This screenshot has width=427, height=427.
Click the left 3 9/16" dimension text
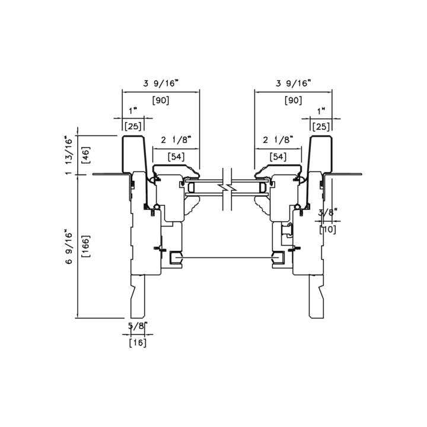pyautogui.click(x=161, y=84)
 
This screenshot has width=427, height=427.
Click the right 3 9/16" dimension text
pyautogui.click(x=294, y=84)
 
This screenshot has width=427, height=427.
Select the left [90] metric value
pyautogui.click(x=161, y=100)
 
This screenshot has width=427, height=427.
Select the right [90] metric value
pyautogui.click(x=294, y=100)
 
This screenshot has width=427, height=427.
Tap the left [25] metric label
pyautogui.click(x=133, y=126)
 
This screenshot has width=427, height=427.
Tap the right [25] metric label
pyautogui.click(x=321, y=127)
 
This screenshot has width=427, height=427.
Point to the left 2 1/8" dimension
pyautogui.click(x=176, y=140)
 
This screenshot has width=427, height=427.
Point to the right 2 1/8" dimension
pyautogui.click(x=278, y=140)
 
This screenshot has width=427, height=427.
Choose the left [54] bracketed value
pyautogui.click(x=176, y=157)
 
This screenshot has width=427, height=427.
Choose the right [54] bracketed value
pyautogui.click(x=278, y=157)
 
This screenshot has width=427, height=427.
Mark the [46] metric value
pyautogui.click(x=86, y=155)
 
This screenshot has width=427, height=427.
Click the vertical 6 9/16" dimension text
pyautogui.click(x=69, y=247)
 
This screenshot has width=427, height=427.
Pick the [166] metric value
pyautogui.click(x=86, y=247)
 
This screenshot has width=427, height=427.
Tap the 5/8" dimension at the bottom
pyautogui.click(x=138, y=326)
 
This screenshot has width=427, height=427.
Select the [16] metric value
pyautogui.click(x=138, y=343)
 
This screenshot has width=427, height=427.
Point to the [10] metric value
pyautogui.click(x=328, y=230)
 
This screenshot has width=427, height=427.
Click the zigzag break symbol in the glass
pyautogui.click(x=227, y=188)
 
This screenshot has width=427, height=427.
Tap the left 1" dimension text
pyautogui.click(x=133, y=111)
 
